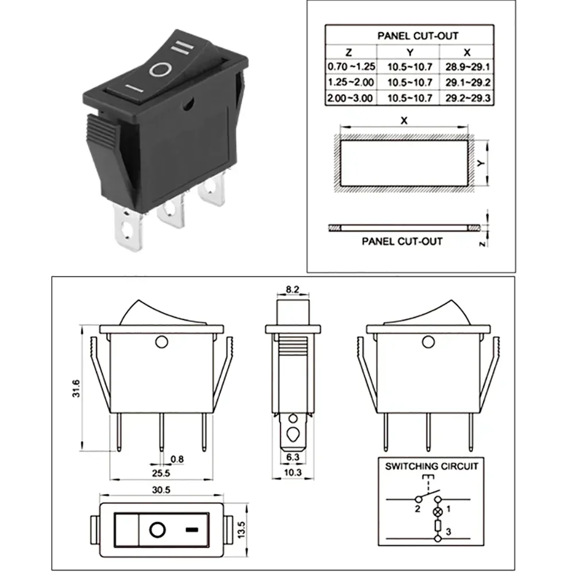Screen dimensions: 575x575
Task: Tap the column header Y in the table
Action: click(410, 52)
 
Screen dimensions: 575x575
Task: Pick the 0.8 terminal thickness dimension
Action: click(177, 459)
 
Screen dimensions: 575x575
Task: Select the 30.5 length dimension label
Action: click(161, 491)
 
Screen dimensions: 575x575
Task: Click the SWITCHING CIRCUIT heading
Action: click(431, 466)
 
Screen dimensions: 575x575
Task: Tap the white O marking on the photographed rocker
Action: click(160, 70)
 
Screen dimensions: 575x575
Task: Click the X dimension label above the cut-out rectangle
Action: click(404, 121)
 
